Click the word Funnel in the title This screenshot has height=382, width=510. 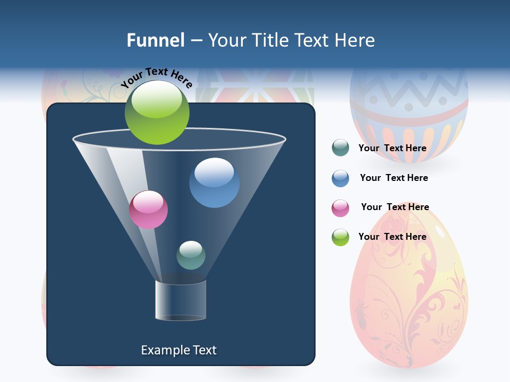point(155,40)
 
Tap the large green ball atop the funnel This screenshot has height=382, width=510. point(157,112)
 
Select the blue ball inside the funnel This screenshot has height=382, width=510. point(214,183)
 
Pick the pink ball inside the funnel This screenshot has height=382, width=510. point(148,210)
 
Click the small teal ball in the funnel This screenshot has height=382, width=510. point(191,255)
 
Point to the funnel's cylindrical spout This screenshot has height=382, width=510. point(181,300)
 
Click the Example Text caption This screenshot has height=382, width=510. point(179,350)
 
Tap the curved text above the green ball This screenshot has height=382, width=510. point(157,77)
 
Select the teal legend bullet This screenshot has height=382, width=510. point(341,148)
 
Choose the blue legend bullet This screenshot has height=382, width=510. point(341,178)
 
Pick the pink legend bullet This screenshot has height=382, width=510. point(341,208)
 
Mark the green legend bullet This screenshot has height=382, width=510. point(341,237)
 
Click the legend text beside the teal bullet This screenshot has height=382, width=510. point(392,149)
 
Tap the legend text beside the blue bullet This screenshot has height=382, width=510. point(394,178)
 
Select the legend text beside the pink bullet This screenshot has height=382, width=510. point(395,207)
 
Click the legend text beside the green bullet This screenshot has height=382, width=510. point(392,237)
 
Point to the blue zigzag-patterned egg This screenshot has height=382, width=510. point(409,114)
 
